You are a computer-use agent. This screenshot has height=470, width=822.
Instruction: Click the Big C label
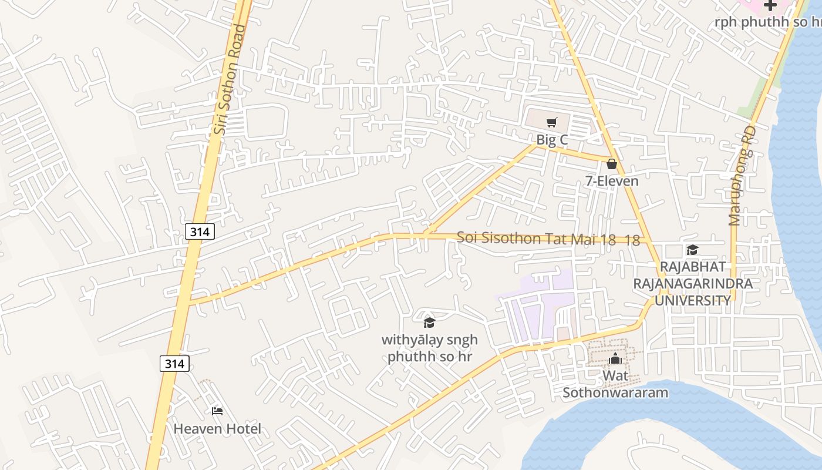tap(552, 140)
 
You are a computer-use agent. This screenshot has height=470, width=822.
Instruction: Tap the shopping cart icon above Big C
tap(551, 123)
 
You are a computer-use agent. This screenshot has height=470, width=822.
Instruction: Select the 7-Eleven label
tap(612, 181)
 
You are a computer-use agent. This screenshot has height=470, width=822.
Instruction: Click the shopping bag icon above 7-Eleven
tap(612, 164)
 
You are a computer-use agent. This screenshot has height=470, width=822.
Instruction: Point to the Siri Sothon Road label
tap(229, 79)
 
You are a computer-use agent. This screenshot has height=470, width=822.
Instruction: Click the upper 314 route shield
tap(200, 231)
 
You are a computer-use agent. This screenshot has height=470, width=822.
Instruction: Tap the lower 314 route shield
tap(174, 364)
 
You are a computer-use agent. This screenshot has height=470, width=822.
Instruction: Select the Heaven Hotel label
tap(217, 429)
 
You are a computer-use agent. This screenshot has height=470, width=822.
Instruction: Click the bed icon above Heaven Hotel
tap(217, 411)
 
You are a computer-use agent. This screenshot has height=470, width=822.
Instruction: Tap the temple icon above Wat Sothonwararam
tap(615, 358)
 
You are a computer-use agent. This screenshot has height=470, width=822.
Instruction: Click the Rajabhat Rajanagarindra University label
tap(692, 284)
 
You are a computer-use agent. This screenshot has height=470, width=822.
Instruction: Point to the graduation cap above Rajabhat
tap(692, 250)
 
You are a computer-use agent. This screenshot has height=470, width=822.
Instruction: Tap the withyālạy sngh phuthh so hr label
tap(430, 348)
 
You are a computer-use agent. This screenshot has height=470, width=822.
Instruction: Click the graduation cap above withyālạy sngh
tap(430, 322)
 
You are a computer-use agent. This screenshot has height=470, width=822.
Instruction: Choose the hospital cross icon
tap(770, 5)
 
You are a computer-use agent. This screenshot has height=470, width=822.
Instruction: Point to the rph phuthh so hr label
tap(768, 22)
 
